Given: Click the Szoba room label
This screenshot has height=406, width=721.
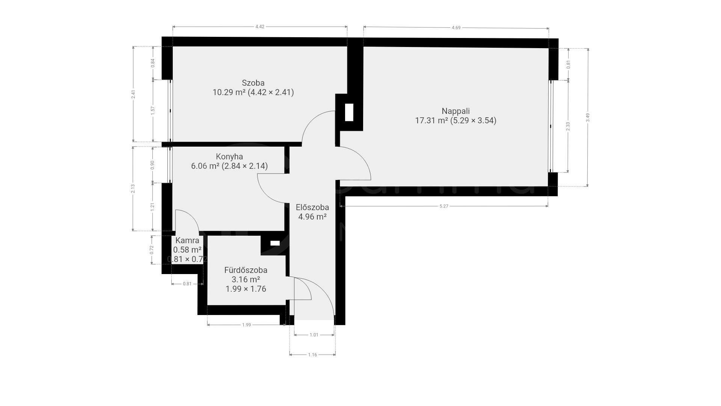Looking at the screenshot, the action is click(253, 83).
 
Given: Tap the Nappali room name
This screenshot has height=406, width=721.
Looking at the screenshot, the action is click(456, 111).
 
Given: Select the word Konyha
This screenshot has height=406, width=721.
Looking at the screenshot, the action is click(229, 156).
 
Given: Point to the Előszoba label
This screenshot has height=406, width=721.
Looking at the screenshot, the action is click(312, 207).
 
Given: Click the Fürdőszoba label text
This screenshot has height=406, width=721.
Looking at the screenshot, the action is click(246, 270).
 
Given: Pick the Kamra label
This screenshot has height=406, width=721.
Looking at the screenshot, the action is click(187, 240).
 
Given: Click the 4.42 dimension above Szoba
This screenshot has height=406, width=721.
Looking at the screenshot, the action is click(260, 27).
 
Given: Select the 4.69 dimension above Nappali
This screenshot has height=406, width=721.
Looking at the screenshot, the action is click(456, 27).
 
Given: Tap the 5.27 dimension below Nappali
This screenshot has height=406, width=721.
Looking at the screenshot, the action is click(444, 206).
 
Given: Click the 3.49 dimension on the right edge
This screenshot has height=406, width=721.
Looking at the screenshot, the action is click(588, 117).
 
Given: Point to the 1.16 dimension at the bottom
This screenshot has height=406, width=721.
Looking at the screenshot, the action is click(312, 354).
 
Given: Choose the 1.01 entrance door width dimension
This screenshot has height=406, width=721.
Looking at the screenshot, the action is click(314, 335).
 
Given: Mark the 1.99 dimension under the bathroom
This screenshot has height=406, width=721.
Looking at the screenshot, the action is click(246, 325).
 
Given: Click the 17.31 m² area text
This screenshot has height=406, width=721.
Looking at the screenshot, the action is click(431, 121).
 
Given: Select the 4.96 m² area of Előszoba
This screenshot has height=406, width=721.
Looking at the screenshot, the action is click(312, 217).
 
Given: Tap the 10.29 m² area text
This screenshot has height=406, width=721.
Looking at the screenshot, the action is click(229, 92).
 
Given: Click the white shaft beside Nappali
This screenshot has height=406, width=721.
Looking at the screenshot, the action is click(349, 112).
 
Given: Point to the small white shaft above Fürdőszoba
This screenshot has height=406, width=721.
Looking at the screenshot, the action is click(275, 243).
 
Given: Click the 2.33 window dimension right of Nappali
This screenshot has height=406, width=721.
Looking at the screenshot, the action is click(568, 126).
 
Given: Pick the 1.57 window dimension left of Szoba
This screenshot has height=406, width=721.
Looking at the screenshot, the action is click(153, 111).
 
